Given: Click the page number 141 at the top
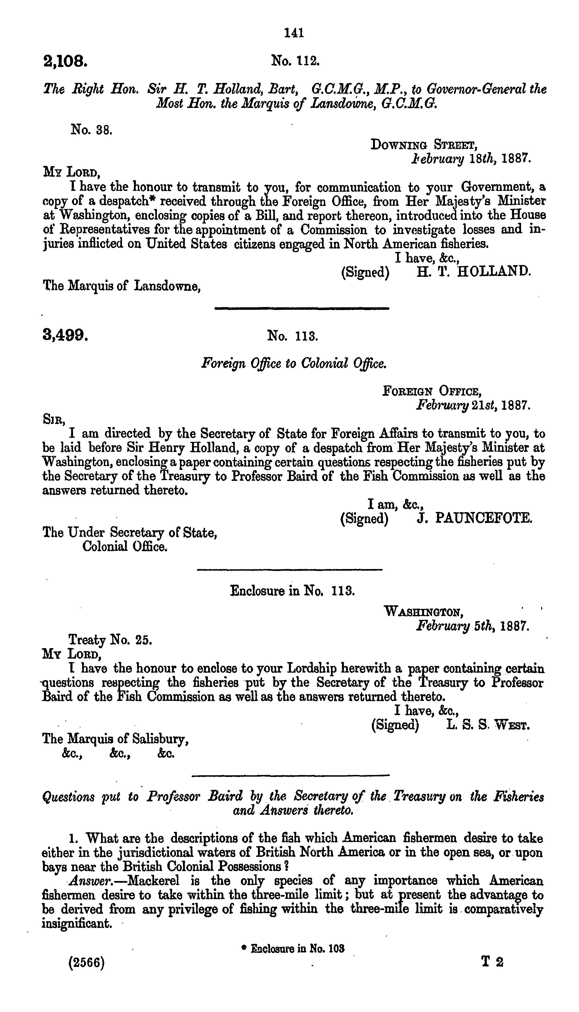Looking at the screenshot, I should [294, 33].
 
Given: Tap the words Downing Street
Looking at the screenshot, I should [424, 145].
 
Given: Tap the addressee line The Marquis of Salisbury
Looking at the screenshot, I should [115, 739].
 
